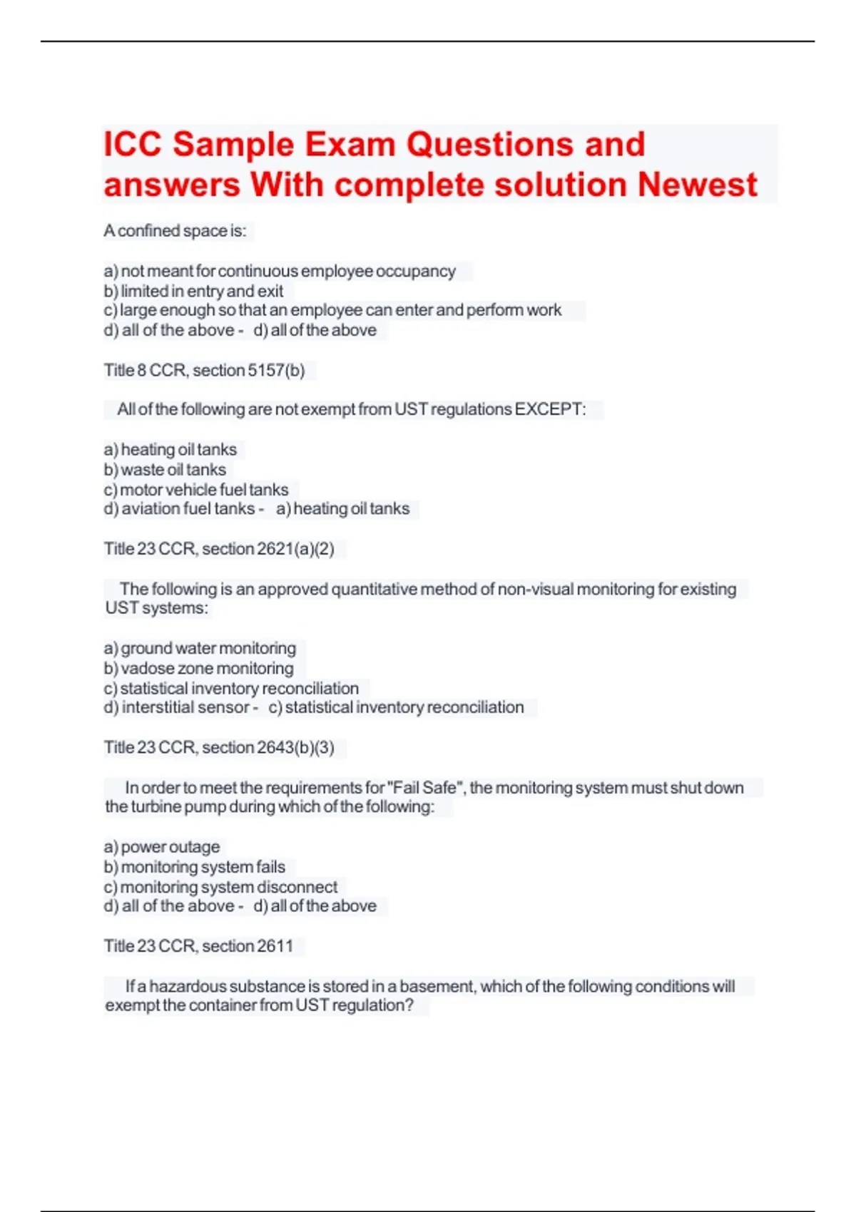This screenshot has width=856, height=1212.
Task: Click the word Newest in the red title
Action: pos(697,185)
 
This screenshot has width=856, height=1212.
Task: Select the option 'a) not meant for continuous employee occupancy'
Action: pos(280,272)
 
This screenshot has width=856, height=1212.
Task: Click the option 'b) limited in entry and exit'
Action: pos(193,292)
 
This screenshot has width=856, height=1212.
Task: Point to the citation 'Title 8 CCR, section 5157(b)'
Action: pos(204,371)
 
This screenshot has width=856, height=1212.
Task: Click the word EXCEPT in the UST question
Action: pos(550,410)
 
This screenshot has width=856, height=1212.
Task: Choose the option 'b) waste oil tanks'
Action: pos(165,470)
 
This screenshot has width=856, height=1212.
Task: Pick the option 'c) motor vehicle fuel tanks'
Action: pos(196,490)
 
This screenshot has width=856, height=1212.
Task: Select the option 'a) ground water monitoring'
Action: pos(200,649)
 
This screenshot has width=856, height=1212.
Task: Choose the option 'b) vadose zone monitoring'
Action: pos(198,669)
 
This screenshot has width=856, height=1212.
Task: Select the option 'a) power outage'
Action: pos(162,847)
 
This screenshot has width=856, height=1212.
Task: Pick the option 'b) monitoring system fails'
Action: pos(195,867)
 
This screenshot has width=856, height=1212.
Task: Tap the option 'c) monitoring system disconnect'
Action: pos(220,887)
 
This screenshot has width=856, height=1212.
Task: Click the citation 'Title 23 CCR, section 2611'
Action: pos(198,946)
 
